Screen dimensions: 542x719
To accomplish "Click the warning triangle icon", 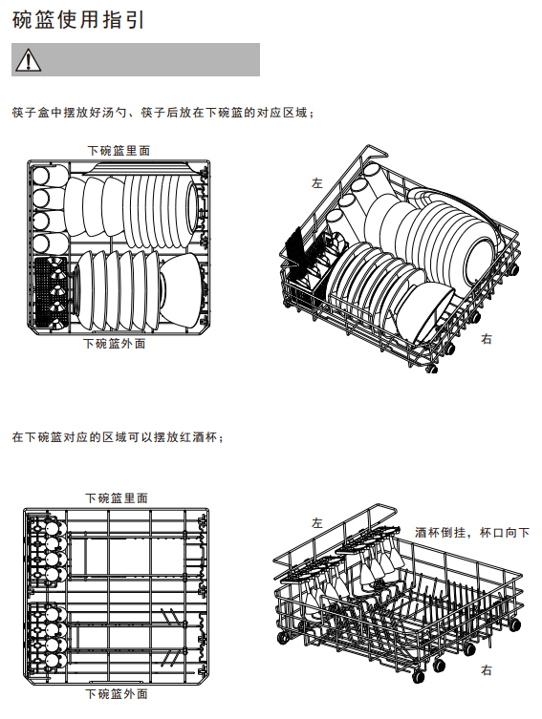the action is (x=28, y=60).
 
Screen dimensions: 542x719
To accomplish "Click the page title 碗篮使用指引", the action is (x=78, y=20).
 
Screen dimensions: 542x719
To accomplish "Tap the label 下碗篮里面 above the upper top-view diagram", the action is (x=119, y=151).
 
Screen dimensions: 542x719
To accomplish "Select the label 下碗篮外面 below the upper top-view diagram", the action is (x=115, y=344).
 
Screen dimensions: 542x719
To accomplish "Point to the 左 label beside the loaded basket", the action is (x=317, y=183).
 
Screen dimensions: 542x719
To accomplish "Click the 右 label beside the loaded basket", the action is (x=487, y=339).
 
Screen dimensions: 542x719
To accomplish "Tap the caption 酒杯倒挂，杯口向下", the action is (x=472, y=533).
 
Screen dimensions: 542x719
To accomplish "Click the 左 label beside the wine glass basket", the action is (x=317, y=522).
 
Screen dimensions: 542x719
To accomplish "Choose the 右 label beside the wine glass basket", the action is (x=487, y=670).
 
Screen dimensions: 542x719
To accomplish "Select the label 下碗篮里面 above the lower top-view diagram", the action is (x=117, y=498).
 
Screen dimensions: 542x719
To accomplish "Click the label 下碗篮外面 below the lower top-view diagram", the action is (x=117, y=694).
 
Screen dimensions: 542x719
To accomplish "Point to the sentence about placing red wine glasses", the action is (x=118, y=437).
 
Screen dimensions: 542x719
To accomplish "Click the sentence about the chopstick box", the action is (x=163, y=113).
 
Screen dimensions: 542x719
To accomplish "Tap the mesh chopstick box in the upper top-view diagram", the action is (x=51, y=292).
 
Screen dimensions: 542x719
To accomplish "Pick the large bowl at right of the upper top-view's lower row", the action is (x=181, y=290).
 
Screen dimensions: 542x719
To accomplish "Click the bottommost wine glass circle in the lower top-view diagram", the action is (x=53, y=661).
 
